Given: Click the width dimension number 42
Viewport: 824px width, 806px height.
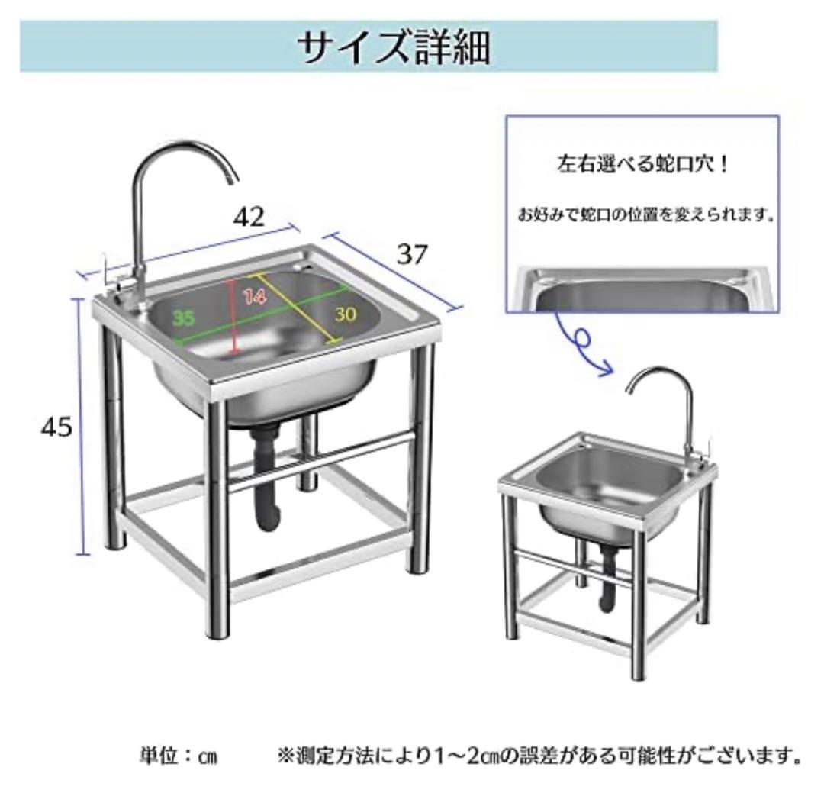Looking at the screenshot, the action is [249, 216].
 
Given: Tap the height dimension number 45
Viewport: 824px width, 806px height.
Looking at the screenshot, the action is [56, 427].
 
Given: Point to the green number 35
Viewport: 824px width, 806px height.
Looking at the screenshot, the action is [183, 318].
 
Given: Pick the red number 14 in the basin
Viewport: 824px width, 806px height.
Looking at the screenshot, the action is [254, 297].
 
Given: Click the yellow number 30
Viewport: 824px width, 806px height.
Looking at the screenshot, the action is [346, 314].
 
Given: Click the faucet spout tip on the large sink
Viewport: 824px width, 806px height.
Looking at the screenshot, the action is [232, 182].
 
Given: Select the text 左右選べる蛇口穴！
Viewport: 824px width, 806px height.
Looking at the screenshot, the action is [642, 165].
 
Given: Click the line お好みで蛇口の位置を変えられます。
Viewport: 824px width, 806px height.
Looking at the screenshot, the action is [646, 214].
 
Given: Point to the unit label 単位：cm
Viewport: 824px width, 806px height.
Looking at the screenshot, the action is [178, 756].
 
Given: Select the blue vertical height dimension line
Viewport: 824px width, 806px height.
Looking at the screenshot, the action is [80, 427].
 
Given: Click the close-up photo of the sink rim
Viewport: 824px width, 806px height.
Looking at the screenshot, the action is [642, 290].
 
